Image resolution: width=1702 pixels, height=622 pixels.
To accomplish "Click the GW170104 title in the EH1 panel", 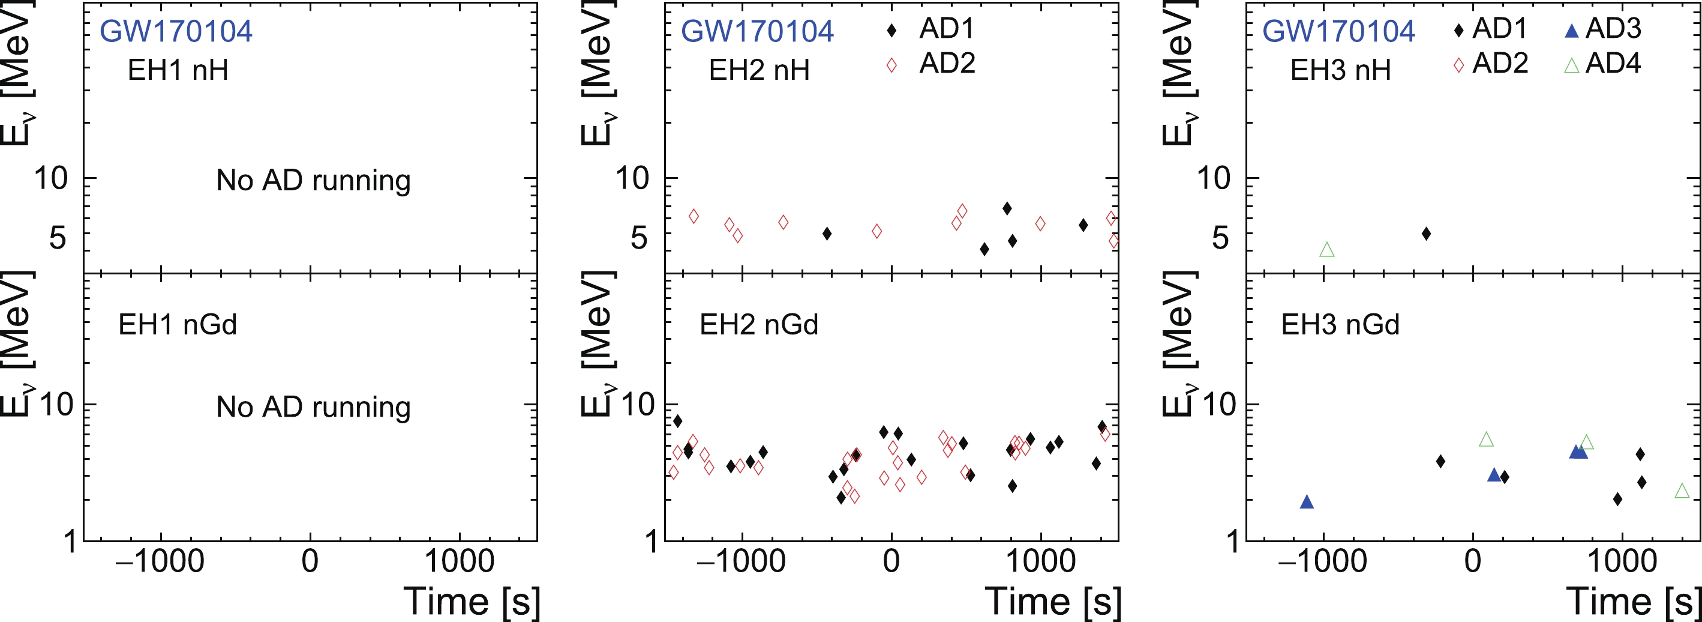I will (x=176, y=31).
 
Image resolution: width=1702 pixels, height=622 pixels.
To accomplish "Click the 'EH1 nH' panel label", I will (x=178, y=70).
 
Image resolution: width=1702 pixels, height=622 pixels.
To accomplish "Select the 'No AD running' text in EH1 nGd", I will (x=313, y=406).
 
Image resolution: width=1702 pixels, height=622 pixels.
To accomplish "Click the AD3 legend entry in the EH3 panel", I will (x=1602, y=28).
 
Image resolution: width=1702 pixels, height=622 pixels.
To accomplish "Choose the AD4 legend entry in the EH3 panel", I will (x=1602, y=64).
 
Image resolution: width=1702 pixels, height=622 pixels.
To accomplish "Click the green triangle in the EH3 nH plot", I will (x=1326, y=250).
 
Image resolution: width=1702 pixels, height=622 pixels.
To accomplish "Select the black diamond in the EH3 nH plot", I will (x=1427, y=234).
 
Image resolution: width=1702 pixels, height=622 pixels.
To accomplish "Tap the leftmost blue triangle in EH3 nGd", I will (x=1306, y=503).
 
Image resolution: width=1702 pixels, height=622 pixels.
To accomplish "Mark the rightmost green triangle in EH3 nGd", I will (x=1682, y=491).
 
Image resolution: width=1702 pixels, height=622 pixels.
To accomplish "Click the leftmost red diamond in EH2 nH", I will (x=693, y=216).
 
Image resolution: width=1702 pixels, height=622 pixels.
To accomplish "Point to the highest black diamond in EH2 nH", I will (x=1007, y=208).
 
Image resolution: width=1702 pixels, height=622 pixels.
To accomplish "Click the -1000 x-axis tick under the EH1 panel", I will (x=160, y=562).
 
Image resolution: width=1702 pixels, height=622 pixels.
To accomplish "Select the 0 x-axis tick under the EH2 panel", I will (x=891, y=562).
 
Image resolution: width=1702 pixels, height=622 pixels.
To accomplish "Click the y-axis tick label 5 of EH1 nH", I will (x=58, y=237).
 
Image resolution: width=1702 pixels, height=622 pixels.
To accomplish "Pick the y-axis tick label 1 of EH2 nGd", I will (x=652, y=542).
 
